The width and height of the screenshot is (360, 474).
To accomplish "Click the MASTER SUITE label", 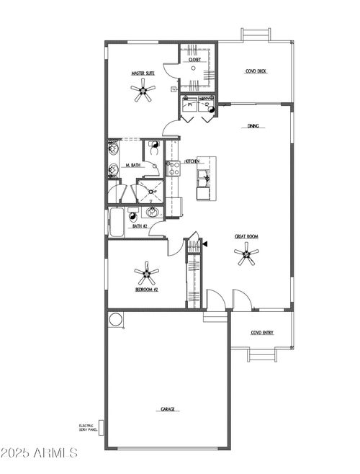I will [143, 73].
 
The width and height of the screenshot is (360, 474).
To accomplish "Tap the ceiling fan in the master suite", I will [143, 91].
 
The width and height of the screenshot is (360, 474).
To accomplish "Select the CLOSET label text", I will [195, 60].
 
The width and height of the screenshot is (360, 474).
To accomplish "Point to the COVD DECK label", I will [256, 71].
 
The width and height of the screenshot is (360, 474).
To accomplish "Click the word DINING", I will [253, 126].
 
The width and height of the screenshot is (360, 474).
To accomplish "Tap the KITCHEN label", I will [192, 161].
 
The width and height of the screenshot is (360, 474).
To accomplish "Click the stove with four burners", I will [173, 169].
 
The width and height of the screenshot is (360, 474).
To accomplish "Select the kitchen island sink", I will [206, 177].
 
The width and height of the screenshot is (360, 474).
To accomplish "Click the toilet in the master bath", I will [155, 149].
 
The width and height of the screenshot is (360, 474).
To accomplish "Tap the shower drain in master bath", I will [151, 192].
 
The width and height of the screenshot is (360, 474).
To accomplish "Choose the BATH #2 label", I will [140, 227].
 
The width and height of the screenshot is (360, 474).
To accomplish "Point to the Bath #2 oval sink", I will [152, 212].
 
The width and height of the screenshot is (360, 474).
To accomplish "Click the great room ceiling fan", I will [246, 253].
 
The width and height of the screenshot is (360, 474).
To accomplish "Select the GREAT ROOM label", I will [246, 236].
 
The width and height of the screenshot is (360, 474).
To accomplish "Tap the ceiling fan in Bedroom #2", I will [146, 272].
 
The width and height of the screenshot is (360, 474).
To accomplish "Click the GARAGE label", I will [167, 409].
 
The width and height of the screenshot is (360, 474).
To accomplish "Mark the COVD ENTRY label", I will [261, 332].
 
